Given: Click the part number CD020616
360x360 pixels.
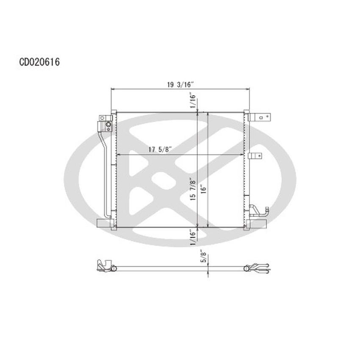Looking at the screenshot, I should pos(39,62).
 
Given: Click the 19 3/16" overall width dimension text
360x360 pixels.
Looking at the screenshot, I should pos(180,84).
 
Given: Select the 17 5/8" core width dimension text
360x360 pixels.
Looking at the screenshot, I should pos(160,150).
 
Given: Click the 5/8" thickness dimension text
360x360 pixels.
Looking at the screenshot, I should pos(204,257).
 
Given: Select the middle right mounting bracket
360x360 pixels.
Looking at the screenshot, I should pos(256,155).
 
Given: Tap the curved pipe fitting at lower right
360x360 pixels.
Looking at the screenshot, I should pos(258,210).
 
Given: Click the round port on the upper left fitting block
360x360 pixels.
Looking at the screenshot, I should pos(108,125).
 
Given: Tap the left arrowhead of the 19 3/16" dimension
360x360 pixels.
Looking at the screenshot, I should pos(112,89).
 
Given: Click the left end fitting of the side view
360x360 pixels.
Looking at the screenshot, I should pos(104,266).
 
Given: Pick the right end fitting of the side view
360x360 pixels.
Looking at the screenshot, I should pos(258,267).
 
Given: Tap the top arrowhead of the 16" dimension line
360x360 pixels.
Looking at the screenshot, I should pos(208,114).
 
